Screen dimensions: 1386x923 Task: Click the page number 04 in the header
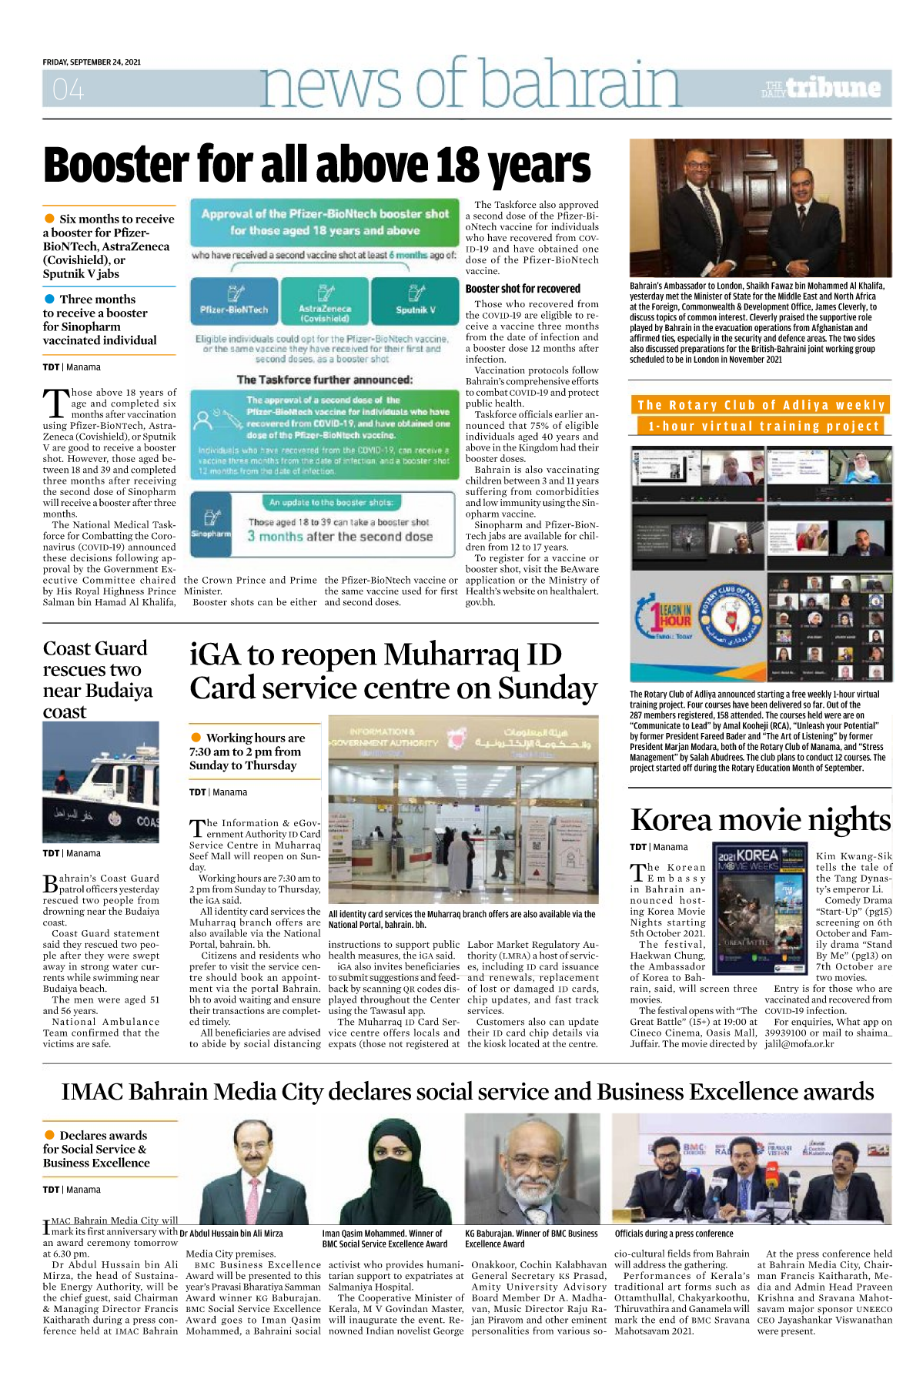click(x=68, y=91)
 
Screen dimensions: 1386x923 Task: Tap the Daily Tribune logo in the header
click(x=822, y=89)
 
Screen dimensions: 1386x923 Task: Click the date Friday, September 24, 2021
click(x=92, y=62)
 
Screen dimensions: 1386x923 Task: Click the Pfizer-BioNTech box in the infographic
click(x=234, y=300)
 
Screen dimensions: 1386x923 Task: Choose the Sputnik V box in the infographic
click(x=416, y=300)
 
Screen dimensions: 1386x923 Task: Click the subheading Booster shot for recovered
click(x=523, y=289)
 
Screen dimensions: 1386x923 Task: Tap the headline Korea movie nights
click(x=760, y=820)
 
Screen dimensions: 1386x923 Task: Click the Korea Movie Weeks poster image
click(x=758, y=909)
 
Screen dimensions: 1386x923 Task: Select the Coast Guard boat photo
click(x=101, y=782)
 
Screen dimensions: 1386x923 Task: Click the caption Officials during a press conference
click(x=674, y=1234)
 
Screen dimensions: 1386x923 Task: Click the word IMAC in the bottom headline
click(x=92, y=1093)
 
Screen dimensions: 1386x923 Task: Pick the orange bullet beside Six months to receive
click(x=49, y=219)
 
